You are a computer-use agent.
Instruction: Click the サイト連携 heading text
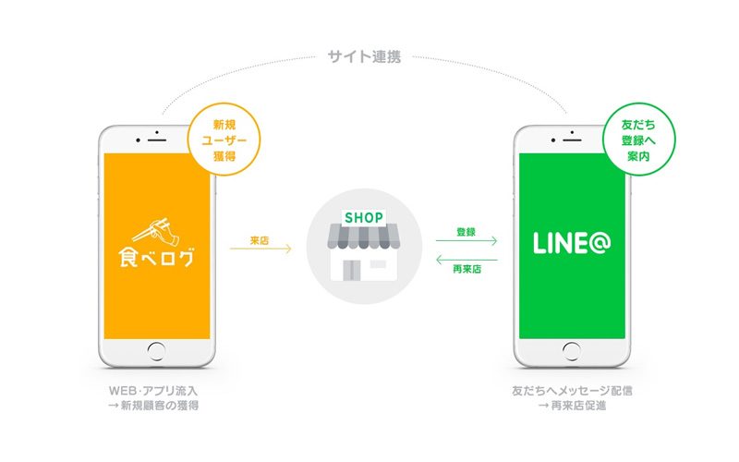[x=364, y=57]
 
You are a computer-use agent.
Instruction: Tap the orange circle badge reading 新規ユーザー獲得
[x=224, y=140]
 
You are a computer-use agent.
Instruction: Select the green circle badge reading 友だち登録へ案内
[x=638, y=140]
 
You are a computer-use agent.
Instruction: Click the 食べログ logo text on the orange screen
[x=156, y=258]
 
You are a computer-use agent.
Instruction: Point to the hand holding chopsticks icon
[x=157, y=231]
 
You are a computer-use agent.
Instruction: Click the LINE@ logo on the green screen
[x=572, y=243]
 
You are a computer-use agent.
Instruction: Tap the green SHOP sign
[x=364, y=218]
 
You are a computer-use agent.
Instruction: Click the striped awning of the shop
[x=364, y=237]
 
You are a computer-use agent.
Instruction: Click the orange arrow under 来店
[x=260, y=249]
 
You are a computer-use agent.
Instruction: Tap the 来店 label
[x=260, y=240]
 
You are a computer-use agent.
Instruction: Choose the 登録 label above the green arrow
[x=466, y=232]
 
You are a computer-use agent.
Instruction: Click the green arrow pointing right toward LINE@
[x=466, y=241]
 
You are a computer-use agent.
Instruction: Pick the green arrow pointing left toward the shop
[x=466, y=260]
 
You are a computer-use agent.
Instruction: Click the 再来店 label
[x=467, y=269]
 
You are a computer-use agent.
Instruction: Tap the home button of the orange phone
[x=156, y=352]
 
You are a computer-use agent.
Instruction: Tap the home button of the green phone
[x=572, y=352]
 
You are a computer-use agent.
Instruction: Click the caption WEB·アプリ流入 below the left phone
[x=153, y=391]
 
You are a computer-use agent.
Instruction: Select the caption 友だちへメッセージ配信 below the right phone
[x=572, y=391]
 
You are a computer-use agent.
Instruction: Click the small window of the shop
[x=378, y=264]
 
